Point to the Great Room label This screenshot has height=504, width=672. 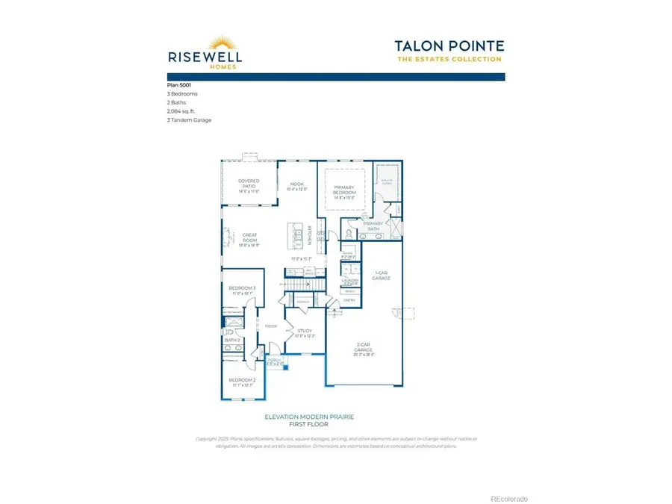[249, 240]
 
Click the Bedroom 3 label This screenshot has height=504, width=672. [242, 289]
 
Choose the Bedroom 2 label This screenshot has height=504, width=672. [242, 382]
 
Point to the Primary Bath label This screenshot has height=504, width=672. [373, 225]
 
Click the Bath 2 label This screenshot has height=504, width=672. [231, 340]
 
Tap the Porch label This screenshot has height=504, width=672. [276, 362]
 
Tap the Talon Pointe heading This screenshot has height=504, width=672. [449, 46]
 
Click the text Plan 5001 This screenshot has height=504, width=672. [178, 86]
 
